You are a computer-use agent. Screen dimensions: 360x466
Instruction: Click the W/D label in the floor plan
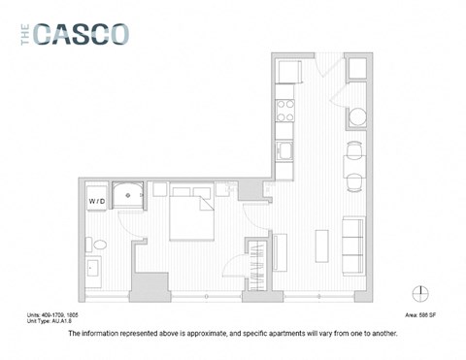click(x=96, y=201)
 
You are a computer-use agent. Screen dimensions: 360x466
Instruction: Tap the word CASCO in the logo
click(x=82, y=34)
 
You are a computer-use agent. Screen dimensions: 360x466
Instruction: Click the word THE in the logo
click(x=25, y=34)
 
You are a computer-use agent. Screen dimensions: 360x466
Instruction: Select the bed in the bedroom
click(x=193, y=215)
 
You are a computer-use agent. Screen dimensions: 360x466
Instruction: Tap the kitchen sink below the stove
click(x=286, y=150)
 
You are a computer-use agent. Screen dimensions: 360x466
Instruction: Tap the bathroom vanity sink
click(x=93, y=266)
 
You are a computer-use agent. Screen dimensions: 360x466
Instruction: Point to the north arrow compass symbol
click(x=418, y=293)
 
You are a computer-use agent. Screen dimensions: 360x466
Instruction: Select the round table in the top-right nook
click(x=357, y=117)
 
